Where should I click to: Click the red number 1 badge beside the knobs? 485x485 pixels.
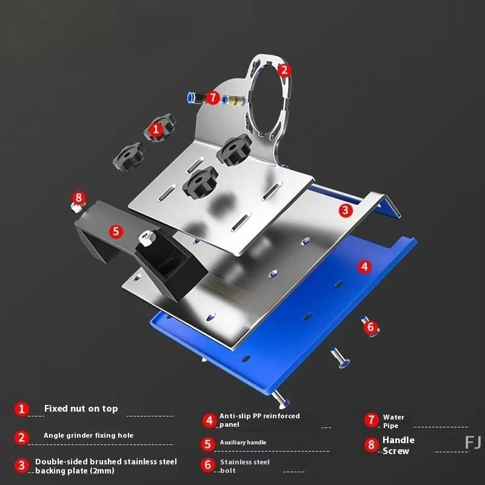156,129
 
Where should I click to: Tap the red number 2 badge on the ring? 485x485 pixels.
285,70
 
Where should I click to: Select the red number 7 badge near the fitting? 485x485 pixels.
212,97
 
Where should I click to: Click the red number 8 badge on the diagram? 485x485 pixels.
78,198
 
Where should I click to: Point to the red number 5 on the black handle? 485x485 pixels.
116,231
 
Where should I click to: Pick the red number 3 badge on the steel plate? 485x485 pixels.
345,210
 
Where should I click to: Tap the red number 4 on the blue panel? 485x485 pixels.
364,266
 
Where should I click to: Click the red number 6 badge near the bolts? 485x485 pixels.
371,327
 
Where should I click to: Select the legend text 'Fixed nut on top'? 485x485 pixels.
81,409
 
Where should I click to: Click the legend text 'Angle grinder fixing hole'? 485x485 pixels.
88,435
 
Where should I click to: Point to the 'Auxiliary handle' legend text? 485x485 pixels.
242,443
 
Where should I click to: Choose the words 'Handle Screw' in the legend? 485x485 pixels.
398,445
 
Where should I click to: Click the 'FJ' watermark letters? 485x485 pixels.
472,443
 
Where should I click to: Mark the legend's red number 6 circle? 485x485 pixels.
208,465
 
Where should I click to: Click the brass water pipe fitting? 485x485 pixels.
229,98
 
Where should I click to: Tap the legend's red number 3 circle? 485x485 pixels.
22,466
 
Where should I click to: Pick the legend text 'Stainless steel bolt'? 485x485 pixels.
245,466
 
